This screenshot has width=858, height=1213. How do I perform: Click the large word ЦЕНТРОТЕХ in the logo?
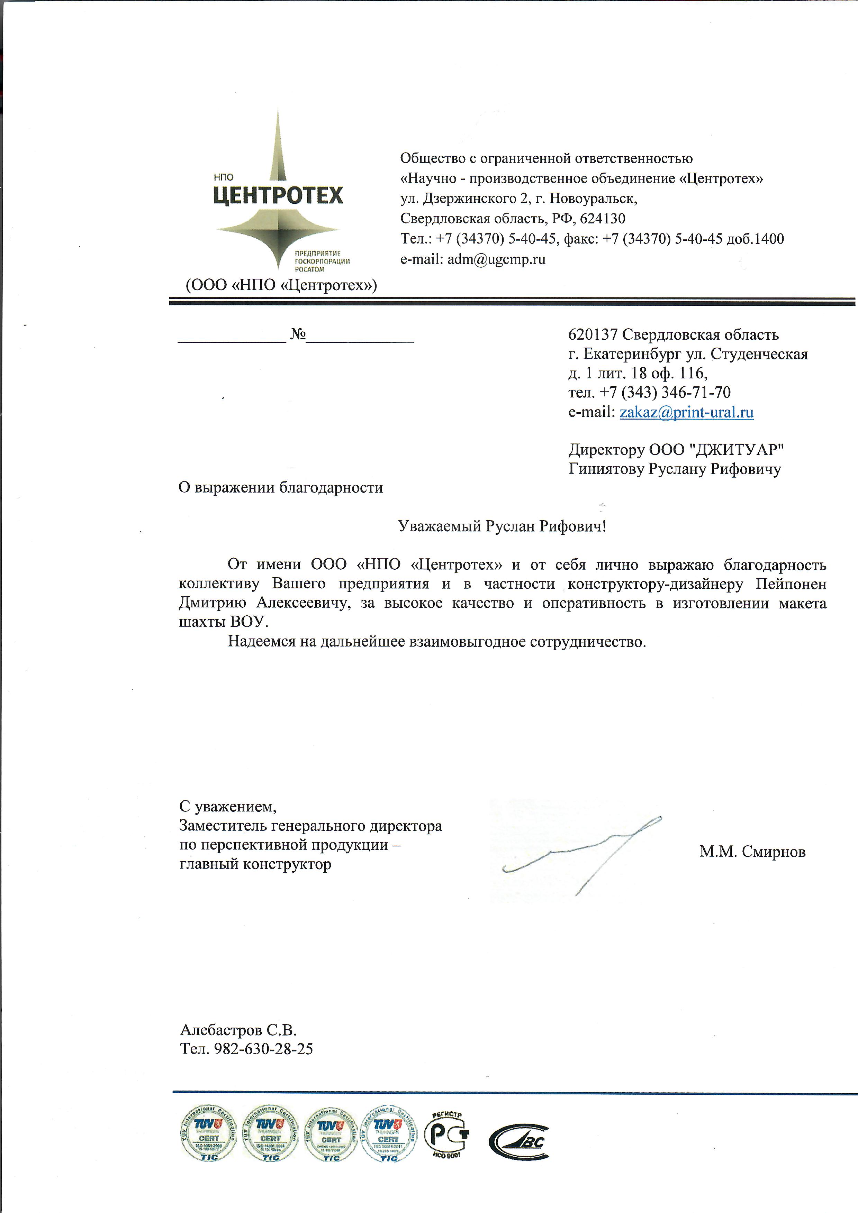click(x=278, y=195)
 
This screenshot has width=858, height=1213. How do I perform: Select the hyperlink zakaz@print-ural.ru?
click(x=686, y=412)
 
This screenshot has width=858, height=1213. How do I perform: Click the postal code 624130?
click(x=602, y=219)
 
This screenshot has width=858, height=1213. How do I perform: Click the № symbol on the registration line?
click(x=298, y=334)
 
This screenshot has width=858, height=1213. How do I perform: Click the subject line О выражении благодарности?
click(x=281, y=487)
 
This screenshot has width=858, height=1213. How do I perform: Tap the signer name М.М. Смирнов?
click(x=752, y=852)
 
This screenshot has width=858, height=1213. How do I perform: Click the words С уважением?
click(x=228, y=807)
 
